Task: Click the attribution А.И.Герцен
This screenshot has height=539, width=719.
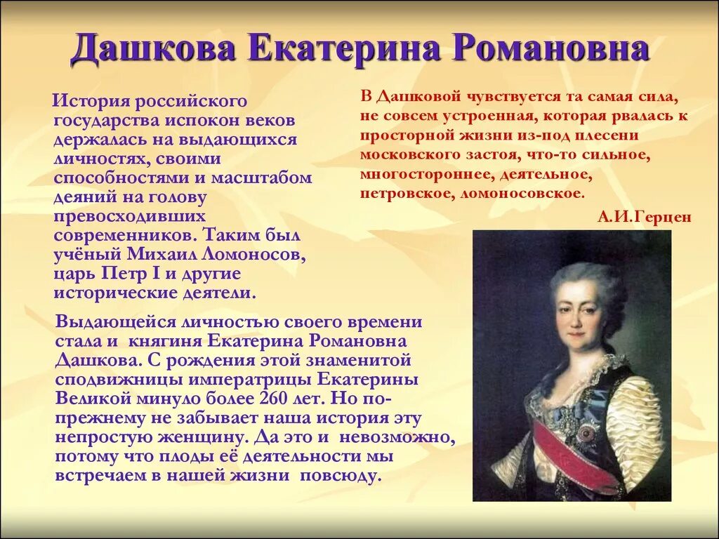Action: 645,217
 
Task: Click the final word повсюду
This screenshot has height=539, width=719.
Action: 340,475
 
